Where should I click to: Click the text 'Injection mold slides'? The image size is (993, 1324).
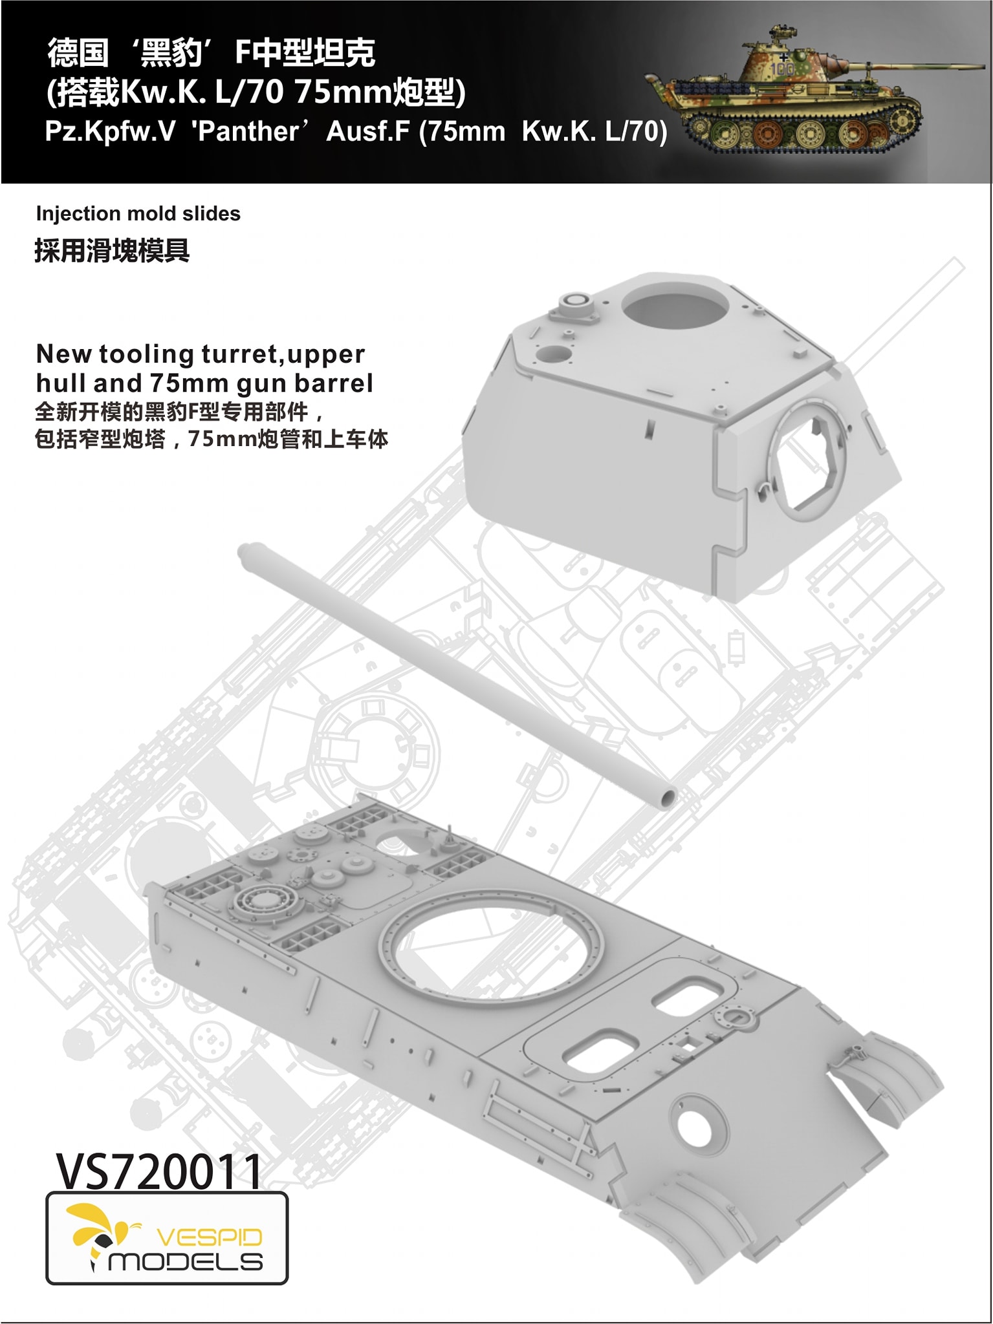point(138,213)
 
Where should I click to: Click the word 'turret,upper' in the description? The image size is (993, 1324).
point(283,354)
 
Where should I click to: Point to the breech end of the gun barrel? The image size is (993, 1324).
point(246,553)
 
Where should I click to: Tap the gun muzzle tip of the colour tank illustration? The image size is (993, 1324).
point(983,65)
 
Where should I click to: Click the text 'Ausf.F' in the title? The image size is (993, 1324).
point(367,131)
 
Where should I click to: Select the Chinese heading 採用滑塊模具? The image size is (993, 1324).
point(112,250)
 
